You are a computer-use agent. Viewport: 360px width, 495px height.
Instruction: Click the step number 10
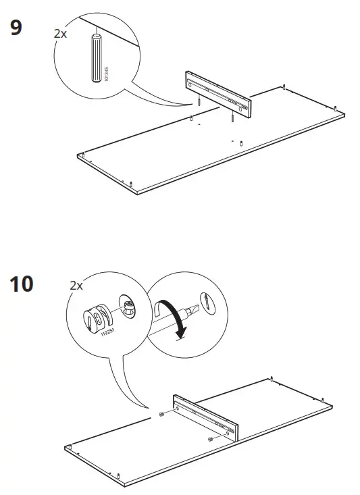21,284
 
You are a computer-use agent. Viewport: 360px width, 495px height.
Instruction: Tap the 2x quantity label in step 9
60,32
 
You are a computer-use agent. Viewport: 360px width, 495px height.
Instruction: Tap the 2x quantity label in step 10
76,286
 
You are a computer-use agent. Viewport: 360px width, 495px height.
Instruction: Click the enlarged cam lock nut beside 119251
95,320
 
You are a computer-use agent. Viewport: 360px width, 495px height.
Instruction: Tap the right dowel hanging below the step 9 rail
232,118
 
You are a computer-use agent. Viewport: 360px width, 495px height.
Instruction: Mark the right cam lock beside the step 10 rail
210,440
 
